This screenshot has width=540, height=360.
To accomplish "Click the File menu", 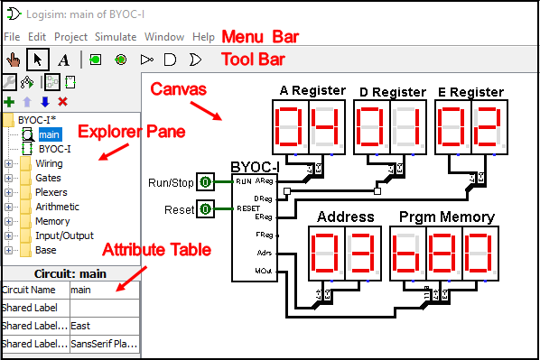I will coord(11,37).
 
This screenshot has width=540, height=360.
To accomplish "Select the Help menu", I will coord(203,37).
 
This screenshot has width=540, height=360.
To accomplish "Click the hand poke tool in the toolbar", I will coord(13,60).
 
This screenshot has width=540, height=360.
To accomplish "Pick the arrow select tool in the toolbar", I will coord(37,60).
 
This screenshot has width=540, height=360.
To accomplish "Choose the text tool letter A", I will coord(63,60).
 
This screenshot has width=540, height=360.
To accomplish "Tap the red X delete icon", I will coord(62,102).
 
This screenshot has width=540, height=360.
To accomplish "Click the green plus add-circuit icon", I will coord(10,102).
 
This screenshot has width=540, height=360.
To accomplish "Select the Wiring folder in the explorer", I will coord(49,164).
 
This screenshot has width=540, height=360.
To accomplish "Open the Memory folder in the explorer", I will coord(52,221).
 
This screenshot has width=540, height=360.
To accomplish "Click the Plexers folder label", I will coord(52,192).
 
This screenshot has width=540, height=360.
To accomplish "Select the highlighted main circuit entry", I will coord(49,134).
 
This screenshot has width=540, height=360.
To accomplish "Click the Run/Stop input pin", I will coord(205,182).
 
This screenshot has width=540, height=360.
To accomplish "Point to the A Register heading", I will coord(312,91).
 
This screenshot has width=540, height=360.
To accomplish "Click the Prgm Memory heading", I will coord(447,217).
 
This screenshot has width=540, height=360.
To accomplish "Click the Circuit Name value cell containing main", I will coord(104,290).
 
